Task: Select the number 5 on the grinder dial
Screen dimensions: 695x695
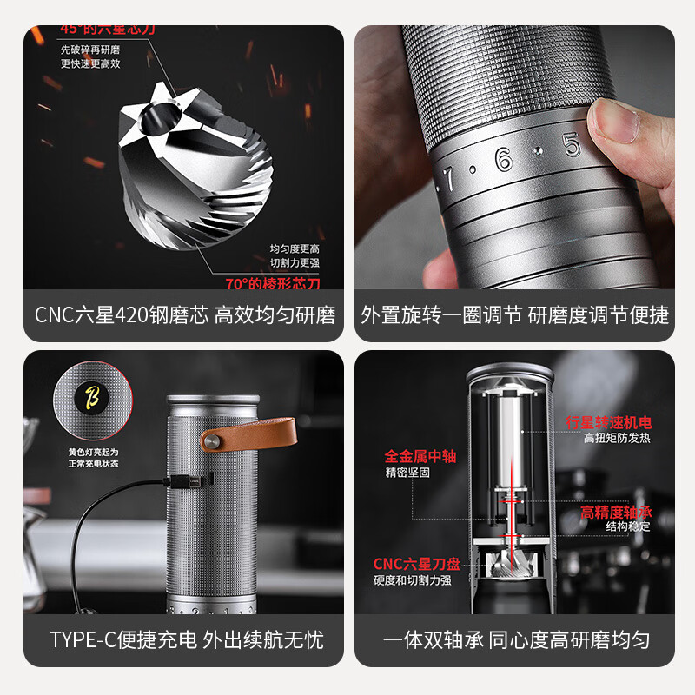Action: tap(572, 144)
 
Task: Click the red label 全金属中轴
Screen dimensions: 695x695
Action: tap(420, 456)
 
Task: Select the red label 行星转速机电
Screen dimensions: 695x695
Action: tap(608, 422)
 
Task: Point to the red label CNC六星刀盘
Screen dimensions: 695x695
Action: tap(412, 564)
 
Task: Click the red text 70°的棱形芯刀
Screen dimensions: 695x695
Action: tap(273, 283)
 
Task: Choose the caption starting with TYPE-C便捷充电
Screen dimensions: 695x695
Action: tap(186, 641)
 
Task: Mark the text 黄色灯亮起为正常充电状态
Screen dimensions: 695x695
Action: tap(93, 458)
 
